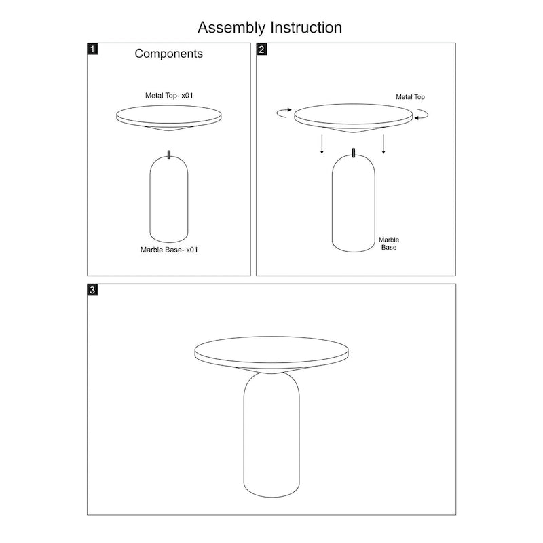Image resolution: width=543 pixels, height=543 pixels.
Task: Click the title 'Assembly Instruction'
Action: [269, 28]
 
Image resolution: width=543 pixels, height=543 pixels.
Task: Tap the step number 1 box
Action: [93, 50]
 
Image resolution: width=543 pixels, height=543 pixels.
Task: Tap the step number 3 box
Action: [93, 290]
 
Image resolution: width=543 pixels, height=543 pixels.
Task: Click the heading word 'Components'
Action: [168, 54]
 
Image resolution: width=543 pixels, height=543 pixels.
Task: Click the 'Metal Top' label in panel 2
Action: [411, 98]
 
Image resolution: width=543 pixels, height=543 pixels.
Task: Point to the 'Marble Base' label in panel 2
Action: [388, 244]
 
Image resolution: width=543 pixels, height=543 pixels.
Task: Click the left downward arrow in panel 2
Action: [322, 144]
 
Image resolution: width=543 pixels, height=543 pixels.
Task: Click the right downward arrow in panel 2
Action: [384, 144]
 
